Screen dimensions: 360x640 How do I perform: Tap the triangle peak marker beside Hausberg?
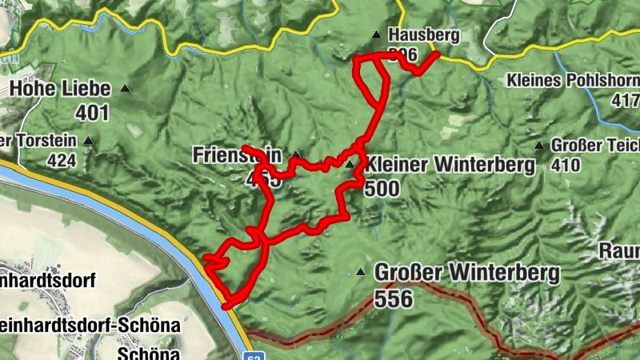click(x=376, y=34)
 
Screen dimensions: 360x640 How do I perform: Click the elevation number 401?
click(x=93, y=112)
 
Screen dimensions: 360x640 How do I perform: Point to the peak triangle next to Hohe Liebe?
click(x=125, y=88)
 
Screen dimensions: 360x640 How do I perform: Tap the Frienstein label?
click(x=238, y=154)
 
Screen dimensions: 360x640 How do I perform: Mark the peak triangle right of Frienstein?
click(x=296, y=154)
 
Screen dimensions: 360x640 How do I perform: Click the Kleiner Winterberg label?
click(x=450, y=165)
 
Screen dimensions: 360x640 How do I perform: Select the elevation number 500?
click(x=381, y=188)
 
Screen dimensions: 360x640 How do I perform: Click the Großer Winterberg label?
click(x=466, y=273)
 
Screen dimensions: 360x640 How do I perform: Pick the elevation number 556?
click(x=392, y=299)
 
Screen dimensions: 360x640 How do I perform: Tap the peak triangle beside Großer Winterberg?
click(x=362, y=272)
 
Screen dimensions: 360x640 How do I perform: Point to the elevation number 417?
click(x=625, y=102)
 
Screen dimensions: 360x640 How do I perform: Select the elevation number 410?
click(x=565, y=166)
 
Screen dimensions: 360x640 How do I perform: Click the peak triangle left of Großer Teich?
click(x=540, y=146)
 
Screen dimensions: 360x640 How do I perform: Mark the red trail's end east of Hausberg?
click(x=437, y=54)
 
